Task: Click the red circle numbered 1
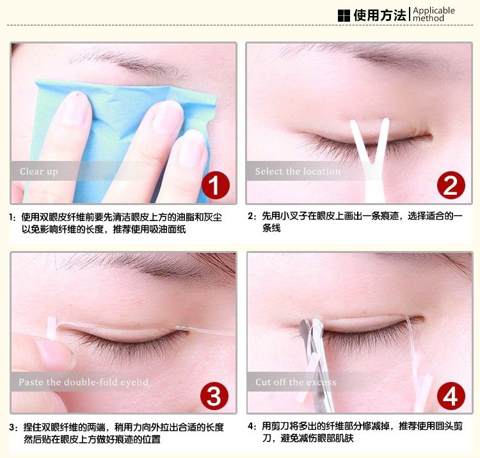[216, 185]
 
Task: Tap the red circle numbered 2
[451, 185]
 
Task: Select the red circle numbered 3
[214, 396]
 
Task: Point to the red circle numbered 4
[451, 396]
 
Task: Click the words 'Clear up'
[39, 171]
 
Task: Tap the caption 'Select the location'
[298, 171]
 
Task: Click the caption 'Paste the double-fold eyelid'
[84, 382]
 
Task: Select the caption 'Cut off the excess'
[296, 382]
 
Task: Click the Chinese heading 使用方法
[380, 15]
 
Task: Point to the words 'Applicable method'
[434, 14]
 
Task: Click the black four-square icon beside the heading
[344, 15]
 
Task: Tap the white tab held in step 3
[51, 328]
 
